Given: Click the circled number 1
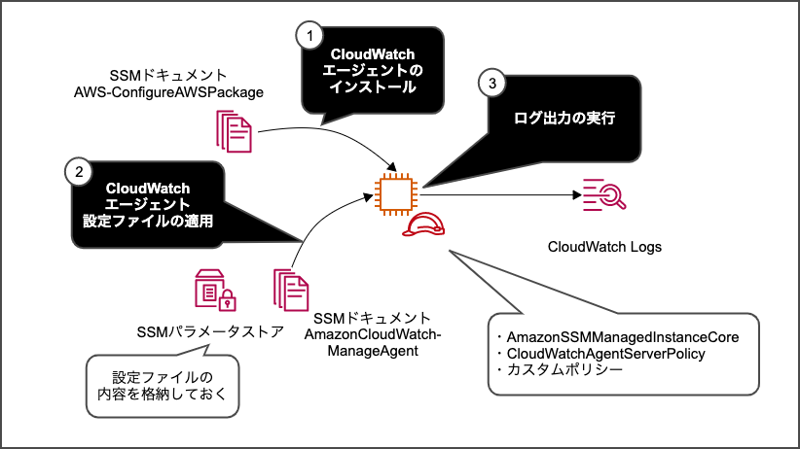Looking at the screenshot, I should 309,36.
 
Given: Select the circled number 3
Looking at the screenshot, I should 493,84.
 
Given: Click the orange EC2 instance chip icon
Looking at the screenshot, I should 396,191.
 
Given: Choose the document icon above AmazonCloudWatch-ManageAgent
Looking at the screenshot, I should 291,290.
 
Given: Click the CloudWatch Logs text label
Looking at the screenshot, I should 604,247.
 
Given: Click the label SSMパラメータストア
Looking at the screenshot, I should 211,331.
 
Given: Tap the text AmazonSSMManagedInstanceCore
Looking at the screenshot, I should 624,336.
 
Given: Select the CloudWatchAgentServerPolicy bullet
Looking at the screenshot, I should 605,354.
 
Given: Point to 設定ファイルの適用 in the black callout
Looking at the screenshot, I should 147,222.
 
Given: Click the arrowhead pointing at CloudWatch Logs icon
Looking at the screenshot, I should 574,194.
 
